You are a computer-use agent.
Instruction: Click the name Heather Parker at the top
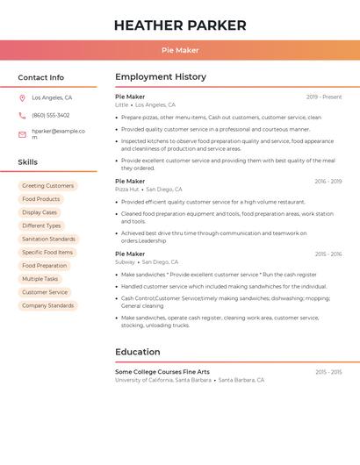180,25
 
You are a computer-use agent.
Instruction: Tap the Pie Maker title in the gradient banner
180,51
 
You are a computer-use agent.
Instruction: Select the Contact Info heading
41,78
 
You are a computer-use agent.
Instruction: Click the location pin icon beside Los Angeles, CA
22,98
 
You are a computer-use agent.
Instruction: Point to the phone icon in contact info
22,115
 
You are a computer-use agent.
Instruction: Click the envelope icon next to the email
22,134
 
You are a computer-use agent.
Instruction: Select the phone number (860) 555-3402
51,115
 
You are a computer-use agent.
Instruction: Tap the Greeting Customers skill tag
48,186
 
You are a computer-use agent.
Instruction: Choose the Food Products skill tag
41,199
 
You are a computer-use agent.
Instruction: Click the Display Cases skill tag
40,212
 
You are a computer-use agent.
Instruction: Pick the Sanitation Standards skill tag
48,239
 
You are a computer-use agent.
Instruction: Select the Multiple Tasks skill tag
40,279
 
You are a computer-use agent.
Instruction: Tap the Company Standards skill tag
48,305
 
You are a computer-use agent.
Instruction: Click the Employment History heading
161,77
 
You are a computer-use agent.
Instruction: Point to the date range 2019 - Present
324,97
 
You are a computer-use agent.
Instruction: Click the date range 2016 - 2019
328,182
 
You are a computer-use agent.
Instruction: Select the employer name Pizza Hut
127,190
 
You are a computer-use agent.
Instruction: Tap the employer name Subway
126,262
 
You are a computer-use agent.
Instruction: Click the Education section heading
138,353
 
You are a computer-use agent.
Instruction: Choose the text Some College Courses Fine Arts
162,372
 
